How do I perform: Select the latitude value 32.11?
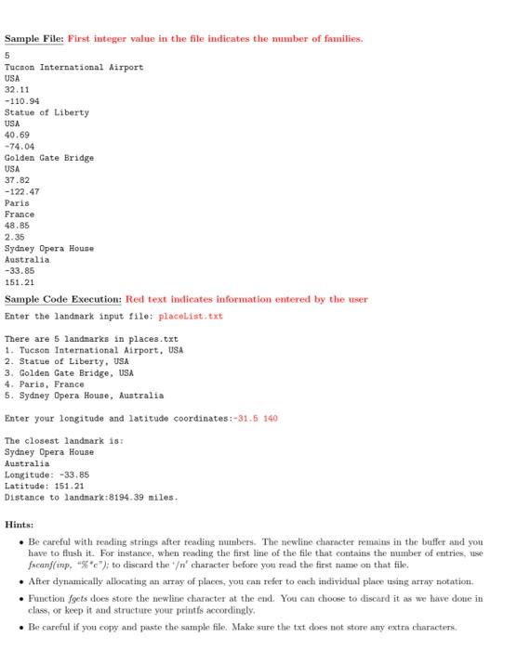17,90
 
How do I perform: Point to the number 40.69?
17,136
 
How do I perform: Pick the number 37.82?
17,180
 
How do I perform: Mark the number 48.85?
17,226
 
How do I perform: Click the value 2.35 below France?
15,237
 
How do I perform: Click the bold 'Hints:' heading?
20,525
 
